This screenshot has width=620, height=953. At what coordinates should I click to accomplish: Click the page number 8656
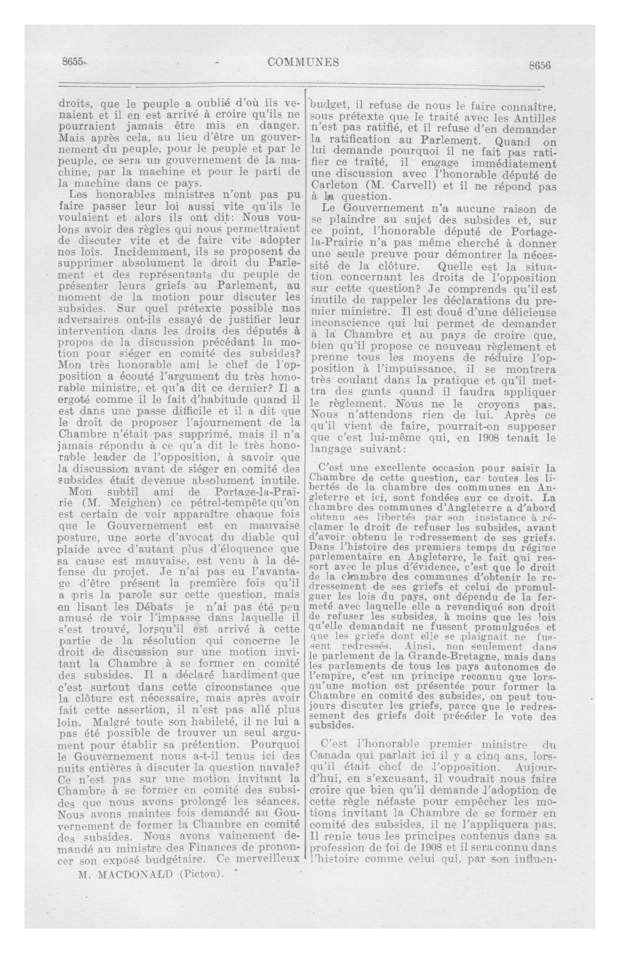(x=540, y=66)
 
